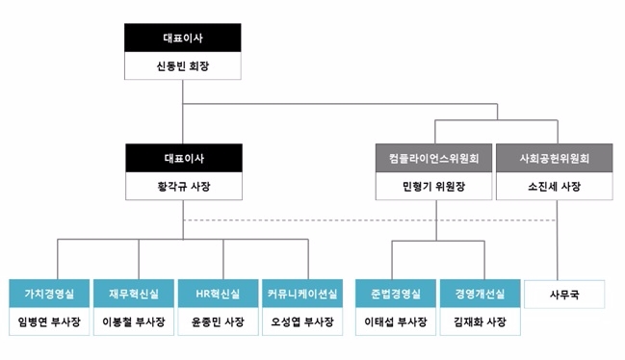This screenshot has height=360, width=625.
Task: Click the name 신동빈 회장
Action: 182,66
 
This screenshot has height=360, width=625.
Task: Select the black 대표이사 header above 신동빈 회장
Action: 182,39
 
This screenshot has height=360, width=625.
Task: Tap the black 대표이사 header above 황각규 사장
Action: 182,158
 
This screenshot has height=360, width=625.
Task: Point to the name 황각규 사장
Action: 182,186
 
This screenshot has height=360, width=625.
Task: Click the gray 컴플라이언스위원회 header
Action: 434,158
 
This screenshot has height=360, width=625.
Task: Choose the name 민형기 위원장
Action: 434,186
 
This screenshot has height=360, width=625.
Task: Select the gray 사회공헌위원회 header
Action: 555,158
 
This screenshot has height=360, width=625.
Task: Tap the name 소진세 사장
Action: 555,186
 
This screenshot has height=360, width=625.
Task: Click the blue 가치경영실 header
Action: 56,293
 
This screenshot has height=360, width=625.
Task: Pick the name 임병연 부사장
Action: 56,321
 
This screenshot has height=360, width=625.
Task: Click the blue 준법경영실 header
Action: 393,293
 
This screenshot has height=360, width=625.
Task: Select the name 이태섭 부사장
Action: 393,321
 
